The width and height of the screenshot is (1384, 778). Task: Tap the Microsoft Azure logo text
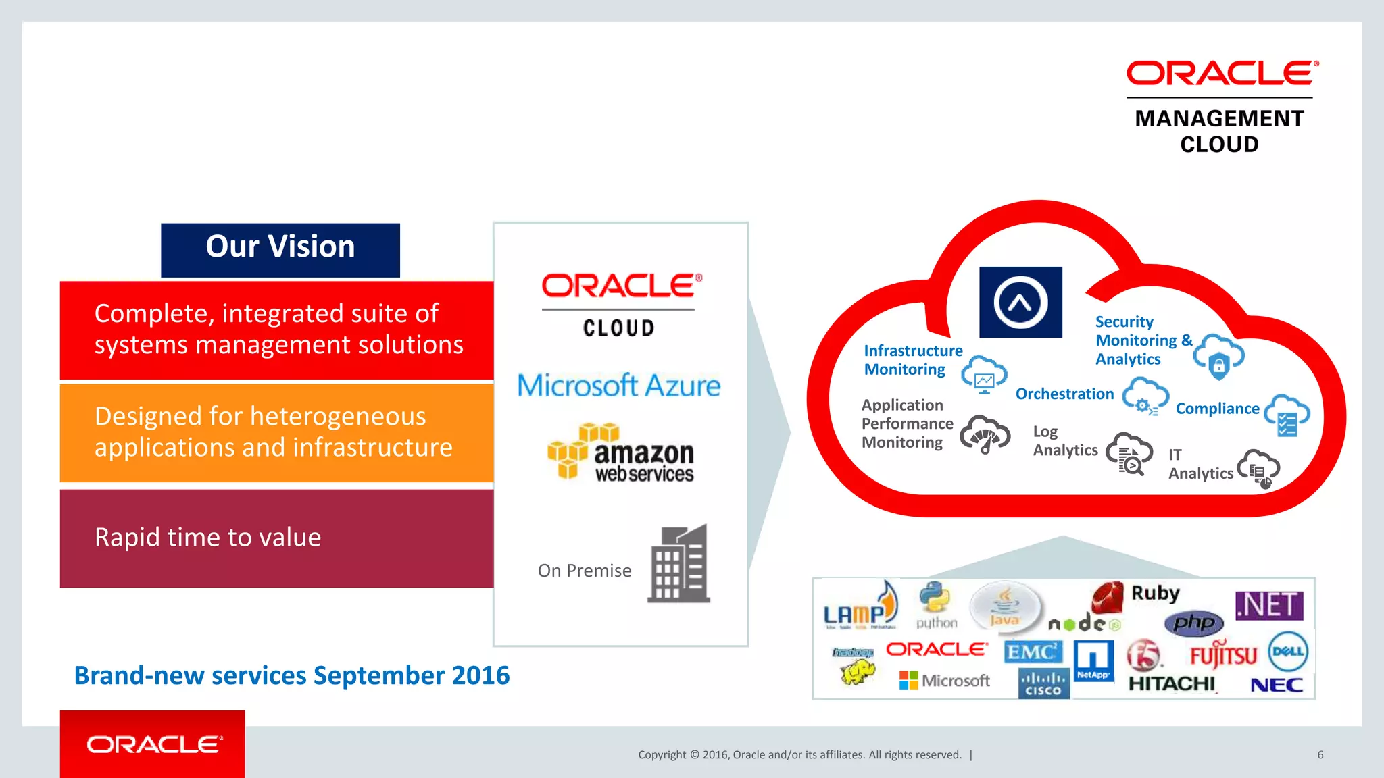tap(619, 386)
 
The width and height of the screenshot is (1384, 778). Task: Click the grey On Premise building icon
tap(678, 564)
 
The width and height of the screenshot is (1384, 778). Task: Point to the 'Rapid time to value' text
tap(207, 538)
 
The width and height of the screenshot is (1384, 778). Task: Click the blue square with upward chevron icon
tap(1020, 302)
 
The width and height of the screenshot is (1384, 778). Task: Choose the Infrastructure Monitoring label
tap(912, 360)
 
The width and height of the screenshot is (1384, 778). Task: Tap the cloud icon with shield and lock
tap(1218, 356)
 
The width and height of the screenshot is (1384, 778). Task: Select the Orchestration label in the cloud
tap(1064, 394)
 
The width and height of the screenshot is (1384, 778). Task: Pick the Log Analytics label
tap(1064, 441)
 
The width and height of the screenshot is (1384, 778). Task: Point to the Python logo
tap(936, 605)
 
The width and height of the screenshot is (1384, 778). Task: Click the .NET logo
tap(1269, 605)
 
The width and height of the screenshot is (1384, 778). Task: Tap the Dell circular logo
tap(1287, 652)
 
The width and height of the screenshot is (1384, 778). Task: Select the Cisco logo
tap(1043, 683)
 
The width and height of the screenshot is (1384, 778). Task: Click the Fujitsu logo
tap(1223, 654)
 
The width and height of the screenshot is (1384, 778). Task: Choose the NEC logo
tap(1276, 685)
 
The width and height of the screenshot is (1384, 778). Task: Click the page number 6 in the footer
tap(1320, 755)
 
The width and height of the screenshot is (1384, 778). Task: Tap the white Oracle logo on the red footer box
tap(154, 744)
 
